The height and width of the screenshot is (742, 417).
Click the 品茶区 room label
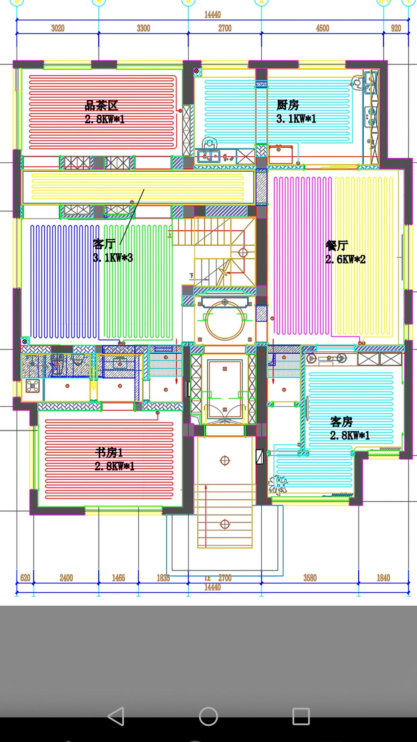101,106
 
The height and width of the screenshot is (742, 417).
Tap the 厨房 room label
288,105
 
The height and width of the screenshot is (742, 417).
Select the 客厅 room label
104,244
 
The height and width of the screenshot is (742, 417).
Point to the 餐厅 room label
337,245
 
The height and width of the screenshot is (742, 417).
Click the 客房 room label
341,422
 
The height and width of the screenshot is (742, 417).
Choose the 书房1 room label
109,452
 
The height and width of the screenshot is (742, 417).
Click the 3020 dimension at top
58,28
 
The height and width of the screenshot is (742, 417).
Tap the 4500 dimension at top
323,28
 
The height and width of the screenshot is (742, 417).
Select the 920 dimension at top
396,28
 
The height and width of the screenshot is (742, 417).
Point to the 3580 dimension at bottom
310,578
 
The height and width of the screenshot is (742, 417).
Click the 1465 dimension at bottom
119,578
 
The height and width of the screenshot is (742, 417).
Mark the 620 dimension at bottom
25,578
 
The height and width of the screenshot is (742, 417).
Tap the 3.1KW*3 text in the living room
113,258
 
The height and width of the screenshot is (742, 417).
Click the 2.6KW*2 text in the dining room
345,259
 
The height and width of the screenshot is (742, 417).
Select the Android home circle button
208,716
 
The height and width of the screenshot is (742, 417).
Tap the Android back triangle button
116,716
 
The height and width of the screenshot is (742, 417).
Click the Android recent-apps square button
301,716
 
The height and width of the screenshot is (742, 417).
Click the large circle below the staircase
225,320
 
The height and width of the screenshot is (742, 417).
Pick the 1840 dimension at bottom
383,578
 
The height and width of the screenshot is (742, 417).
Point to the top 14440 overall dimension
212,15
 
